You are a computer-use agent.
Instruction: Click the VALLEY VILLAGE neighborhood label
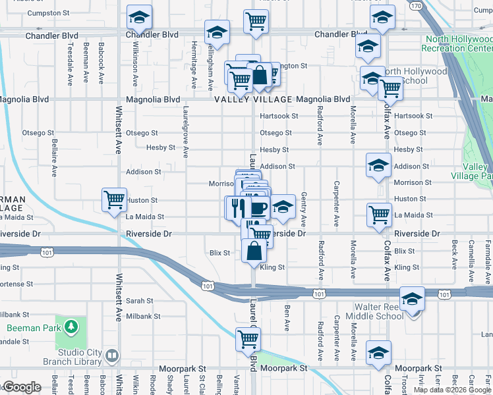click(254, 99)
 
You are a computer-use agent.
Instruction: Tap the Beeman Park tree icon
click(71, 327)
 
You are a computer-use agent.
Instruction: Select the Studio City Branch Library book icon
click(112, 356)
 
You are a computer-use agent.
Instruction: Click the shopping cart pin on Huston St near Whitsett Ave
click(115, 199)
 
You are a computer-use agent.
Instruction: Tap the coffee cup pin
click(258, 209)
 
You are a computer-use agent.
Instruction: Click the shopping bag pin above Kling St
click(254, 251)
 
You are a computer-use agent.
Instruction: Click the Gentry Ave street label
click(303, 209)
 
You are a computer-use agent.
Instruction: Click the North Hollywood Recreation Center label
click(457, 43)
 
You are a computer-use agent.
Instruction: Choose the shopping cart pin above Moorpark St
click(248, 339)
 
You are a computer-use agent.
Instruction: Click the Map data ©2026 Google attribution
click(452, 390)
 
